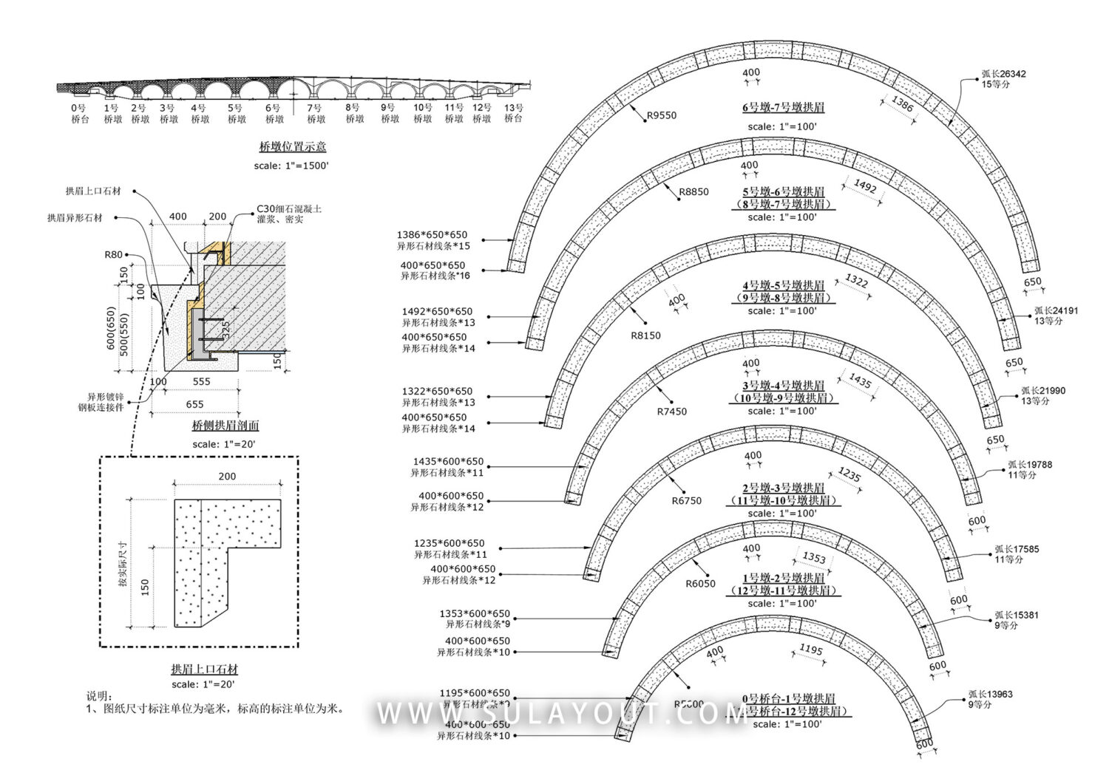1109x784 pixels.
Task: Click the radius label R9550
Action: [x=661, y=115]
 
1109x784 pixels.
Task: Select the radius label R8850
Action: [x=693, y=192]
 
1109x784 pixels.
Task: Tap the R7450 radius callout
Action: [x=671, y=412]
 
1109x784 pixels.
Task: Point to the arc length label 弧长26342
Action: [x=1003, y=74]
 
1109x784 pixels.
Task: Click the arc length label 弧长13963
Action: [x=991, y=695]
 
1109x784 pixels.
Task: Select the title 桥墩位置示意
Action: [x=292, y=146]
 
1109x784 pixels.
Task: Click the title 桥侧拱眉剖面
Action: [x=225, y=426]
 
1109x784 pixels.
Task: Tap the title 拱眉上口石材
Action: [x=205, y=669]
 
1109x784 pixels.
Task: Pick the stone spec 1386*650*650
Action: [x=432, y=235]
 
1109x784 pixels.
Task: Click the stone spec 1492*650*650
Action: [x=437, y=312]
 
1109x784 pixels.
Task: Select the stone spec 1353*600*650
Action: [x=475, y=614]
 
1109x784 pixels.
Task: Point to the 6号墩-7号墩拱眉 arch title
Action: [x=783, y=108]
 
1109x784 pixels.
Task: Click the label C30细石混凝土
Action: [x=289, y=209]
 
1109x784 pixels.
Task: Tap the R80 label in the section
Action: [x=113, y=255]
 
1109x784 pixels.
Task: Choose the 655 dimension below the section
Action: [x=194, y=404]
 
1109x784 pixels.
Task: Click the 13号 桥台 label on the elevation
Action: [x=513, y=113]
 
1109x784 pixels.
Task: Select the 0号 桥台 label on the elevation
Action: [x=79, y=113]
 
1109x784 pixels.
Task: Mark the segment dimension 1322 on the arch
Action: [x=856, y=281]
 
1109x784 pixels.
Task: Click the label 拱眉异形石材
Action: [x=75, y=218]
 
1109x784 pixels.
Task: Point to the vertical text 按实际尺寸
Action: [x=123, y=564]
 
